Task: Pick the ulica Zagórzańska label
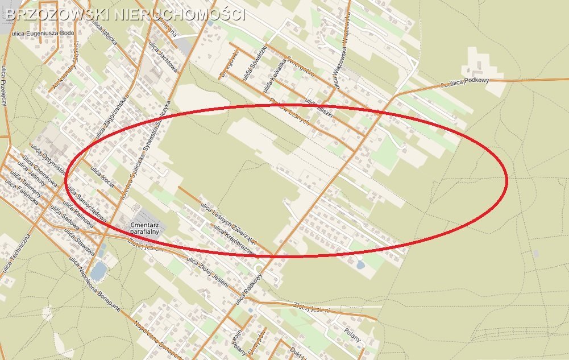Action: click(x=110, y=117)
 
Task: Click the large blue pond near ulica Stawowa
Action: click(x=98, y=271)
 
